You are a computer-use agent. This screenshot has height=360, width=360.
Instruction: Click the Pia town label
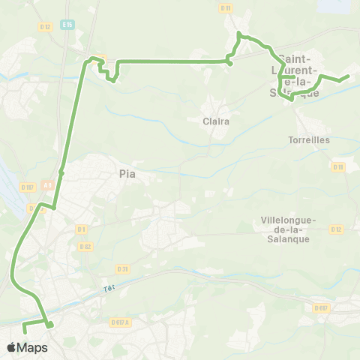point(127,173)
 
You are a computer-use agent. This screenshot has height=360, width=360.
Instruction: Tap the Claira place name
point(215,120)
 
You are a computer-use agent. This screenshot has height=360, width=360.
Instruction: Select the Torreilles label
point(308,139)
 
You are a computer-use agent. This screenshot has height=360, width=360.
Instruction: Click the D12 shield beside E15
point(44,26)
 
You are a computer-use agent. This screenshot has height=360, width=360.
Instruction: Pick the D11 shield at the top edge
point(226,7)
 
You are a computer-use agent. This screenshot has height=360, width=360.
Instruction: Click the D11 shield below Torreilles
point(337,166)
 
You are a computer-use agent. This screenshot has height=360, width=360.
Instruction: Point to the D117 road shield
point(28,187)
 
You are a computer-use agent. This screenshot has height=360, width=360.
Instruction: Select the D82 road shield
point(85,246)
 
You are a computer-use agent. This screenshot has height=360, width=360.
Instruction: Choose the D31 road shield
point(122,268)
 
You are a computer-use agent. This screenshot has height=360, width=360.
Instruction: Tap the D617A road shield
point(121,322)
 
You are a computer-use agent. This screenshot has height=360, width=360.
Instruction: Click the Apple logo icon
point(11,347)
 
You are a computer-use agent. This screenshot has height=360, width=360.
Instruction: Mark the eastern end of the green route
point(349,76)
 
